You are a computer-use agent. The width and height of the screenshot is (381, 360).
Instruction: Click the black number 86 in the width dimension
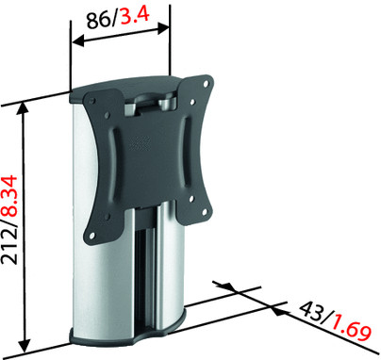[98, 21]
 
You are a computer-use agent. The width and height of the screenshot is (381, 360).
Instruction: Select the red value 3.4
[135, 16]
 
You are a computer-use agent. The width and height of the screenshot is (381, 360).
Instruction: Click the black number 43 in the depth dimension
[310, 310]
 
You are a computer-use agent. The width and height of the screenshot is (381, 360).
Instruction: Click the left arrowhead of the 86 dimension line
[78, 41]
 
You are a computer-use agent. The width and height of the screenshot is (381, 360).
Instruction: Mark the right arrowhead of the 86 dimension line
[163, 28]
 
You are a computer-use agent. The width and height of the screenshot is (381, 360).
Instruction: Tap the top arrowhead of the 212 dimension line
[23, 108]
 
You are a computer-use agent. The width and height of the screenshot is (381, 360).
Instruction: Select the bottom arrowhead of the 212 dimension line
[25, 345]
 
